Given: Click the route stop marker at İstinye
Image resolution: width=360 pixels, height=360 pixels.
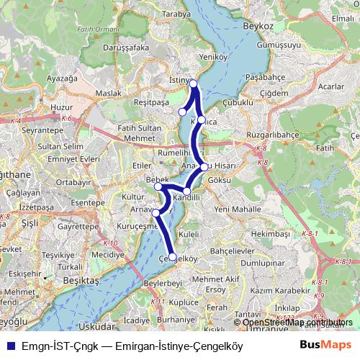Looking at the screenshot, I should pyautogui.click(x=194, y=84).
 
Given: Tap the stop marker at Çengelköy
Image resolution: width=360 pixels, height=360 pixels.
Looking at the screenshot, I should pyautogui.click(x=173, y=256).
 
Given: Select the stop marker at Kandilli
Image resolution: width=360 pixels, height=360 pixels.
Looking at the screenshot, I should pyautogui.click(x=187, y=192).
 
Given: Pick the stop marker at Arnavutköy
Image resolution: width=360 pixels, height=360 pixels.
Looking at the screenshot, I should pyautogui.click(x=156, y=212).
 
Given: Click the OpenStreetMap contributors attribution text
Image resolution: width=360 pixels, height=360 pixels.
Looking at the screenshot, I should pyautogui.click(x=298, y=322).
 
